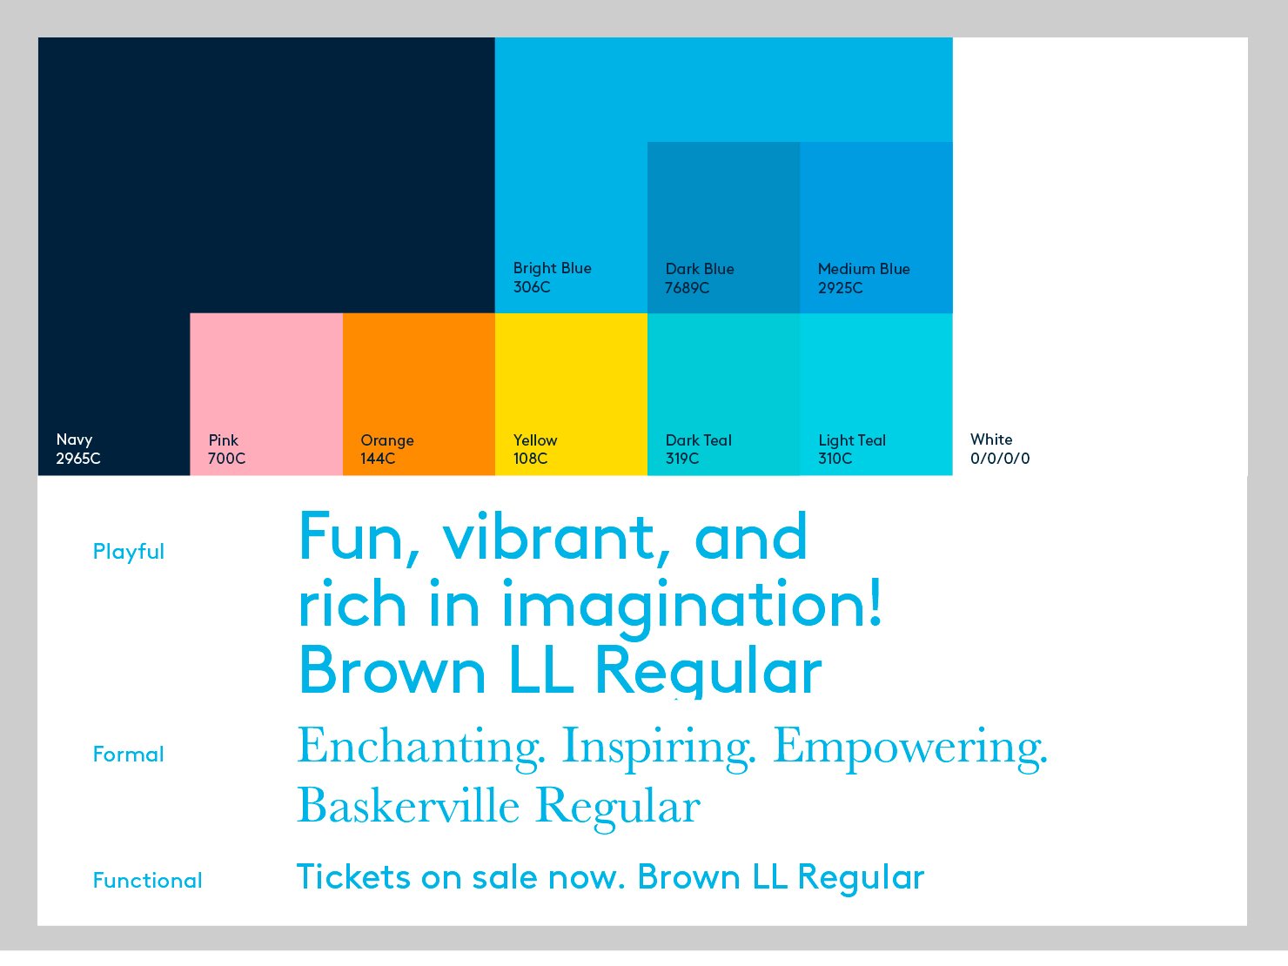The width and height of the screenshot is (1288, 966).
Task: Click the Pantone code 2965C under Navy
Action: click(x=78, y=458)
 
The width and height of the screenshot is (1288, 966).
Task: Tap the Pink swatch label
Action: click(x=223, y=439)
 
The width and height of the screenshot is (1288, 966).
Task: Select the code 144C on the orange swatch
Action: click(x=378, y=458)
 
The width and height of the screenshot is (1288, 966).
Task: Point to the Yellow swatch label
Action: click(x=535, y=439)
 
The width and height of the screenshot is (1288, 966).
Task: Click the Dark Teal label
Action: click(x=698, y=439)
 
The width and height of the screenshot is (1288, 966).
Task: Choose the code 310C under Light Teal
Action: click(x=835, y=458)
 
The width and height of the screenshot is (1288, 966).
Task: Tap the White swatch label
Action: click(x=991, y=439)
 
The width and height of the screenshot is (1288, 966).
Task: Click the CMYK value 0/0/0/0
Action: click(x=1000, y=458)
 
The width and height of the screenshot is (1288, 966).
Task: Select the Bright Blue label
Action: click(x=552, y=268)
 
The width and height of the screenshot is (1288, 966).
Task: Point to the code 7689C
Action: click(x=688, y=288)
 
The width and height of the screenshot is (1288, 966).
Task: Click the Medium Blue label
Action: click(x=864, y=269)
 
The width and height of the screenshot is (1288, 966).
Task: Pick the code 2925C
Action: click(x=841, y=288)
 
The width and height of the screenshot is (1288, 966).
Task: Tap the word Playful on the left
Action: click(x=129, y=552)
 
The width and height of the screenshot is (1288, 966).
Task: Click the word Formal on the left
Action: click(x=129, y=755)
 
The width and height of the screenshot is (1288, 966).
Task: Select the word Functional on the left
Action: click(x=148, y=881)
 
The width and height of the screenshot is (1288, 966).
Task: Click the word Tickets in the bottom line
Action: click(x=353, y=877)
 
